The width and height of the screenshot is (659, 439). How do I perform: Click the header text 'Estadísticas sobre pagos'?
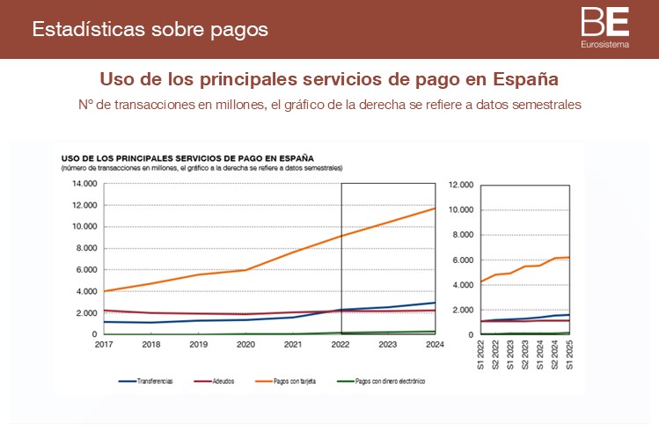click(150, 29)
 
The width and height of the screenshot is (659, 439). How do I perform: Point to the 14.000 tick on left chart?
click(85, 184)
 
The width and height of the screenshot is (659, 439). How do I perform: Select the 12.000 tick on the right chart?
click(461, 185)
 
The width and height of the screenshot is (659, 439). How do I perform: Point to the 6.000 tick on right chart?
click(463, 260)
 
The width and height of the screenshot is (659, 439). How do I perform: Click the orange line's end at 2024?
click(436, 208)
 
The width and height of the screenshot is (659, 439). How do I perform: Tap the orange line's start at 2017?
click(105, 291)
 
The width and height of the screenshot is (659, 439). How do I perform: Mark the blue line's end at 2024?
click(436, 303)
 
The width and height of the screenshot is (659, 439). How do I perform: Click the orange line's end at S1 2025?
click(569, 257)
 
